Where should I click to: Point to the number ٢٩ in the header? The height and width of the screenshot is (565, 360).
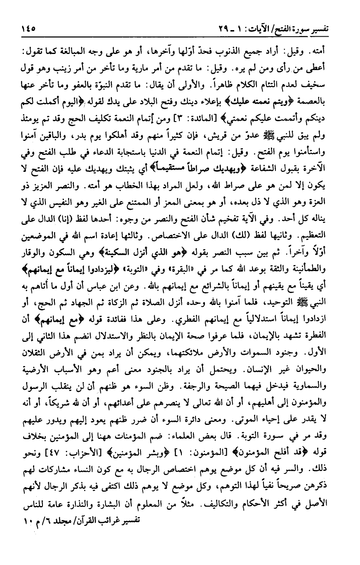[x=221, y=30]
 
